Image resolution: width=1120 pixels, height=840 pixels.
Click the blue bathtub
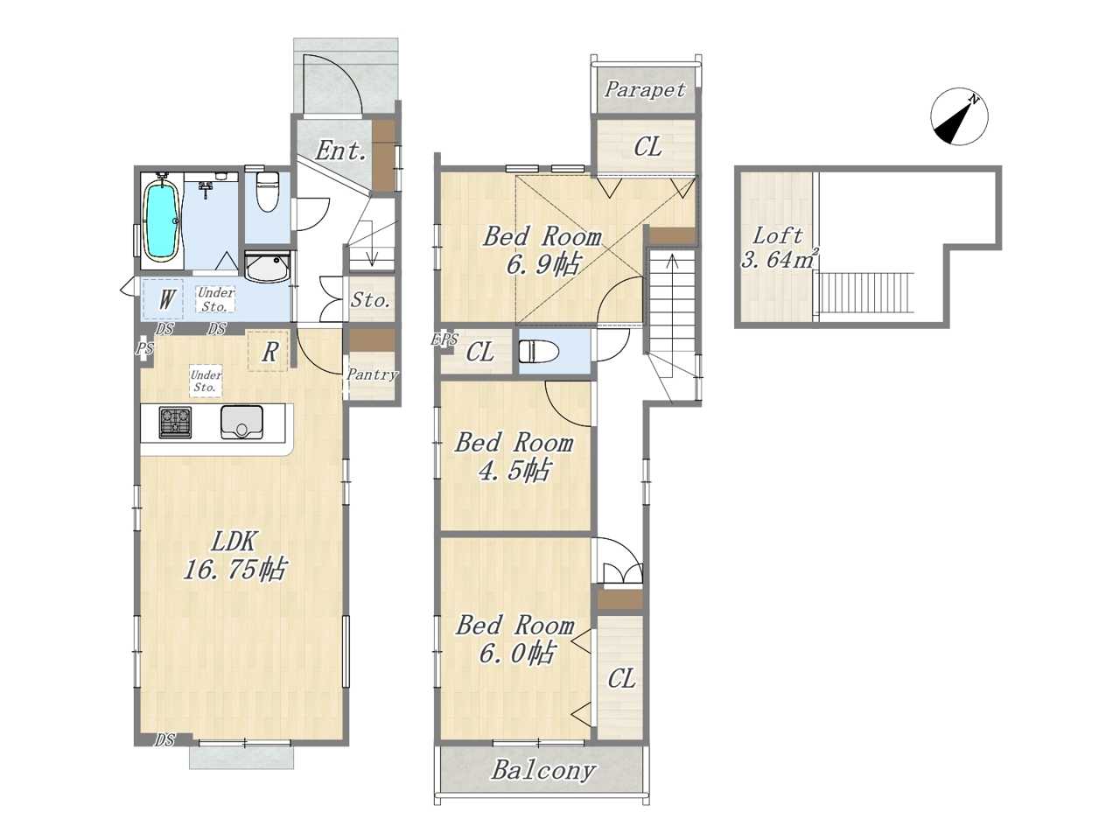point(162,222)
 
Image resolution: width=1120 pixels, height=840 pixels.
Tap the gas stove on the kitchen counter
point(175,422)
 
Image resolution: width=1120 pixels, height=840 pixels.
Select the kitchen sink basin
point(241,422)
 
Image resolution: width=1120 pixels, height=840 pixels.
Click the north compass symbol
point(959,116)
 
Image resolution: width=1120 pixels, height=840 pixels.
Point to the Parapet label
point(645,89)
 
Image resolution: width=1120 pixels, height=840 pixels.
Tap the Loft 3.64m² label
point(779,248)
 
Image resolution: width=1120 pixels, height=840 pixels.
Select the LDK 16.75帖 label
point(234,555)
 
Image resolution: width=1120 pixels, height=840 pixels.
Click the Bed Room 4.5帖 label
point(514,457)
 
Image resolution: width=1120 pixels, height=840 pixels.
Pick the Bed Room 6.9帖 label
point(542,250)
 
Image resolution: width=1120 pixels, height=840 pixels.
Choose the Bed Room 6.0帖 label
point(514,640)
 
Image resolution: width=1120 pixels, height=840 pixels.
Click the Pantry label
point(372,374)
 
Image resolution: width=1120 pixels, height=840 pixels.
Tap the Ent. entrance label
point(340,150)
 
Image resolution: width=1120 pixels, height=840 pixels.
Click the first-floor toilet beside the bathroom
point(266,192)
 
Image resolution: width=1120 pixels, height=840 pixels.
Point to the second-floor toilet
point(539,352)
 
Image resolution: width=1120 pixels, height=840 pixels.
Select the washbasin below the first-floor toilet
point(267,266)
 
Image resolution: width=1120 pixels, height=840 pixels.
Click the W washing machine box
point(164,299)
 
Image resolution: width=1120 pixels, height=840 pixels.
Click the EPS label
point(444,339)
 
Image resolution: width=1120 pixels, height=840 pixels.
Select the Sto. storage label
point(371,300)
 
